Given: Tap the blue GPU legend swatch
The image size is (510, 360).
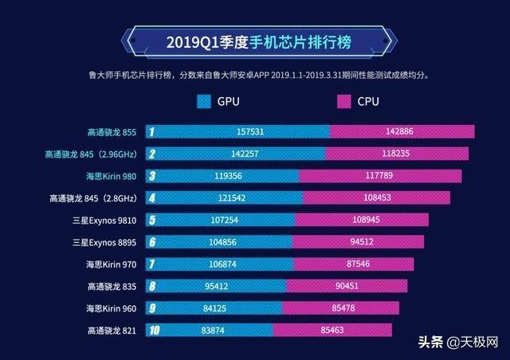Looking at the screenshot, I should tap(202, 101).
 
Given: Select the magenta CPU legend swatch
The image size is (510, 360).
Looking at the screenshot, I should tap(343, 101).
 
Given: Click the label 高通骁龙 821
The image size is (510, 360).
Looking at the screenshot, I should tap(113, 330).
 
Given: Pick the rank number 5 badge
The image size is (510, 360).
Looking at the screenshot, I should tap(151, 220).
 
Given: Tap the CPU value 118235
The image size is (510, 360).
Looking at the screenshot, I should tap(397, 154).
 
